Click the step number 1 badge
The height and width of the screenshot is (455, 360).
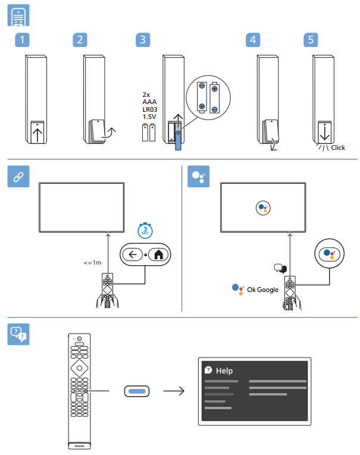tap(22, 40)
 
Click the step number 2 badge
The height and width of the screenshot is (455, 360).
tap(80, 40)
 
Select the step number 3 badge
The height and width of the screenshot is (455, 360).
tap(143, 40)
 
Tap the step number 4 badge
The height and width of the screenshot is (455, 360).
tap(254, 40)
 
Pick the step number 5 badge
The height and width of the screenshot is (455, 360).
tap(311, 40)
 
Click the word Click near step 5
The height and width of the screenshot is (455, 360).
tap(338, 148)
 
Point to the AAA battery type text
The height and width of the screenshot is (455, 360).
tap(149, 102)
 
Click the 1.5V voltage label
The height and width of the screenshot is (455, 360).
tap(149, 117)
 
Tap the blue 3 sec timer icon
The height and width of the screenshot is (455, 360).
tap(145, 230)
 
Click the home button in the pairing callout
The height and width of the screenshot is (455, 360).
tap(158, 255)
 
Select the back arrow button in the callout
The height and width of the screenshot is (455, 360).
tap(132, 255)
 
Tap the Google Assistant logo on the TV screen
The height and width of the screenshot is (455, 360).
tap(264, 208)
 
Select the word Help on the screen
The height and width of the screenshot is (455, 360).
tap(224, 371)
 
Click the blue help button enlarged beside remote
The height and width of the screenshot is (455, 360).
tap(136, 391)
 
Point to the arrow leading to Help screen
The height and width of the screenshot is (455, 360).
tap(173, 391)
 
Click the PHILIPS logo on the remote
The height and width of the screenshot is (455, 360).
tap(79, 444)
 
